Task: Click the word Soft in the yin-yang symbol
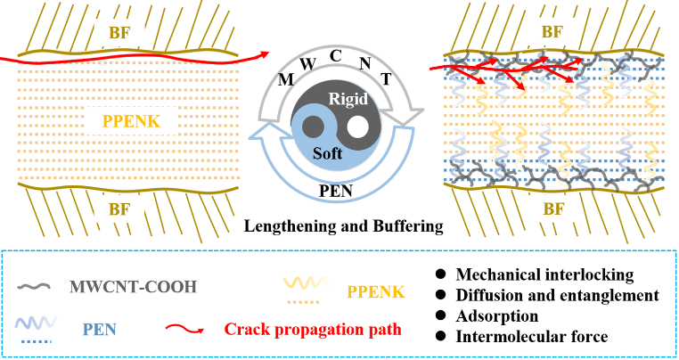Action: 327,152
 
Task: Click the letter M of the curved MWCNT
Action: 288,81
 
